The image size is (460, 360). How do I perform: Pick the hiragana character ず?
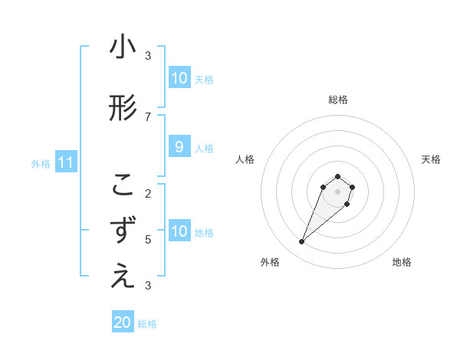point(123,231)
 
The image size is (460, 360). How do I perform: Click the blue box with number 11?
point(66,162)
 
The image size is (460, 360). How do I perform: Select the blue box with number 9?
point(179,147)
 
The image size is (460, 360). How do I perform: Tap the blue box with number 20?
point(123,322)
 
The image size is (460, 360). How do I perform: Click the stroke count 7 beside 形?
point(148,116)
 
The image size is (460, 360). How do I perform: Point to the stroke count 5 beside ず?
point(148,239)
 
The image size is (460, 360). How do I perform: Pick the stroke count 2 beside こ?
point(148,193)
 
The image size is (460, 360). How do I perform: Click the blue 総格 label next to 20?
point(147,324)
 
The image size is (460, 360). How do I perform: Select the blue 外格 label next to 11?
point(41,163)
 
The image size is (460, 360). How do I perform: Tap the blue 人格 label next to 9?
point(204,148)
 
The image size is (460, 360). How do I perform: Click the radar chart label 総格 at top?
point(337,100)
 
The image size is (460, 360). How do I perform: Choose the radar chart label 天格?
point(431,159)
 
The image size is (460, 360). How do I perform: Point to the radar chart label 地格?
point(402,262)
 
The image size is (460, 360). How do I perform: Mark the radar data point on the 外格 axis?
point(302,242)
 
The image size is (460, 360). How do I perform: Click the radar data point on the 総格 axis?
point(337,175)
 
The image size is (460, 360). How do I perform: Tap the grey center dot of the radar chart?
point(337,191)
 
